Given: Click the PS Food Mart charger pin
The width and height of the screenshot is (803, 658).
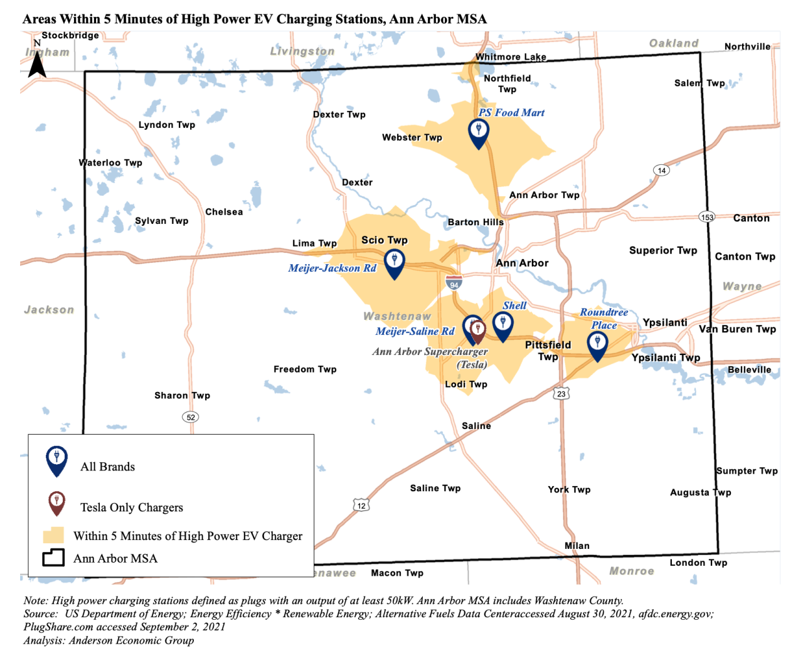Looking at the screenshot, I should coord(479,132).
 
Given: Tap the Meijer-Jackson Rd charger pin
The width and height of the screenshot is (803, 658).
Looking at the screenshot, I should coord(394,262).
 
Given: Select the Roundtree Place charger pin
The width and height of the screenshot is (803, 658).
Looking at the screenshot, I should coord(597,344).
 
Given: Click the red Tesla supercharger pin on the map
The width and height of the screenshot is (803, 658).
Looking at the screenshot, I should coord(478,331).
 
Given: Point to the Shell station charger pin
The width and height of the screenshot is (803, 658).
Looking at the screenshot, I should coord(503,325).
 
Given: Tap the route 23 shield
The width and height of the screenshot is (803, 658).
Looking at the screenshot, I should coord(561,394).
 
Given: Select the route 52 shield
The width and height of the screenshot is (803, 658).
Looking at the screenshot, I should coord(191,417).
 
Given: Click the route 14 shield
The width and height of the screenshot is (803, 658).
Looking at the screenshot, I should coord(661,170).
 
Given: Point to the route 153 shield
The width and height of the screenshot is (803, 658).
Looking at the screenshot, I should coord(707,217).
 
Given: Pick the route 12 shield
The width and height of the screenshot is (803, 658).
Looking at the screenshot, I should coord(361,506).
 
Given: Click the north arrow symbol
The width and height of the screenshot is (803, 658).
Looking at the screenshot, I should coord(37,61).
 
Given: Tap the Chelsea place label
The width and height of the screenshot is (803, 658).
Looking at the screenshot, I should coord(224,212).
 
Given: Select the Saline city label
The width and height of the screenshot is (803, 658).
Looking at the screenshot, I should coord(476,426).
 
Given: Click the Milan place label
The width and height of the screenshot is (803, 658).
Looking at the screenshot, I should coord(577,546).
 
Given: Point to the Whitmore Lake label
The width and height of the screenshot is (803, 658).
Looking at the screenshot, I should coord(510,57).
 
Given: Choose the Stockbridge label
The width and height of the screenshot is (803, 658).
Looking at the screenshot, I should coord(70,36).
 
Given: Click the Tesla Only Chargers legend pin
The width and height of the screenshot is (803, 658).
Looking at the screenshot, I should coord(57,502).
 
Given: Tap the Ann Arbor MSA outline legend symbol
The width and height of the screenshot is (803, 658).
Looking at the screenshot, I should coord(53,558).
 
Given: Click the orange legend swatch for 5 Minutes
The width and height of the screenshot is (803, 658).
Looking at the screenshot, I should coord(53,535).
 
